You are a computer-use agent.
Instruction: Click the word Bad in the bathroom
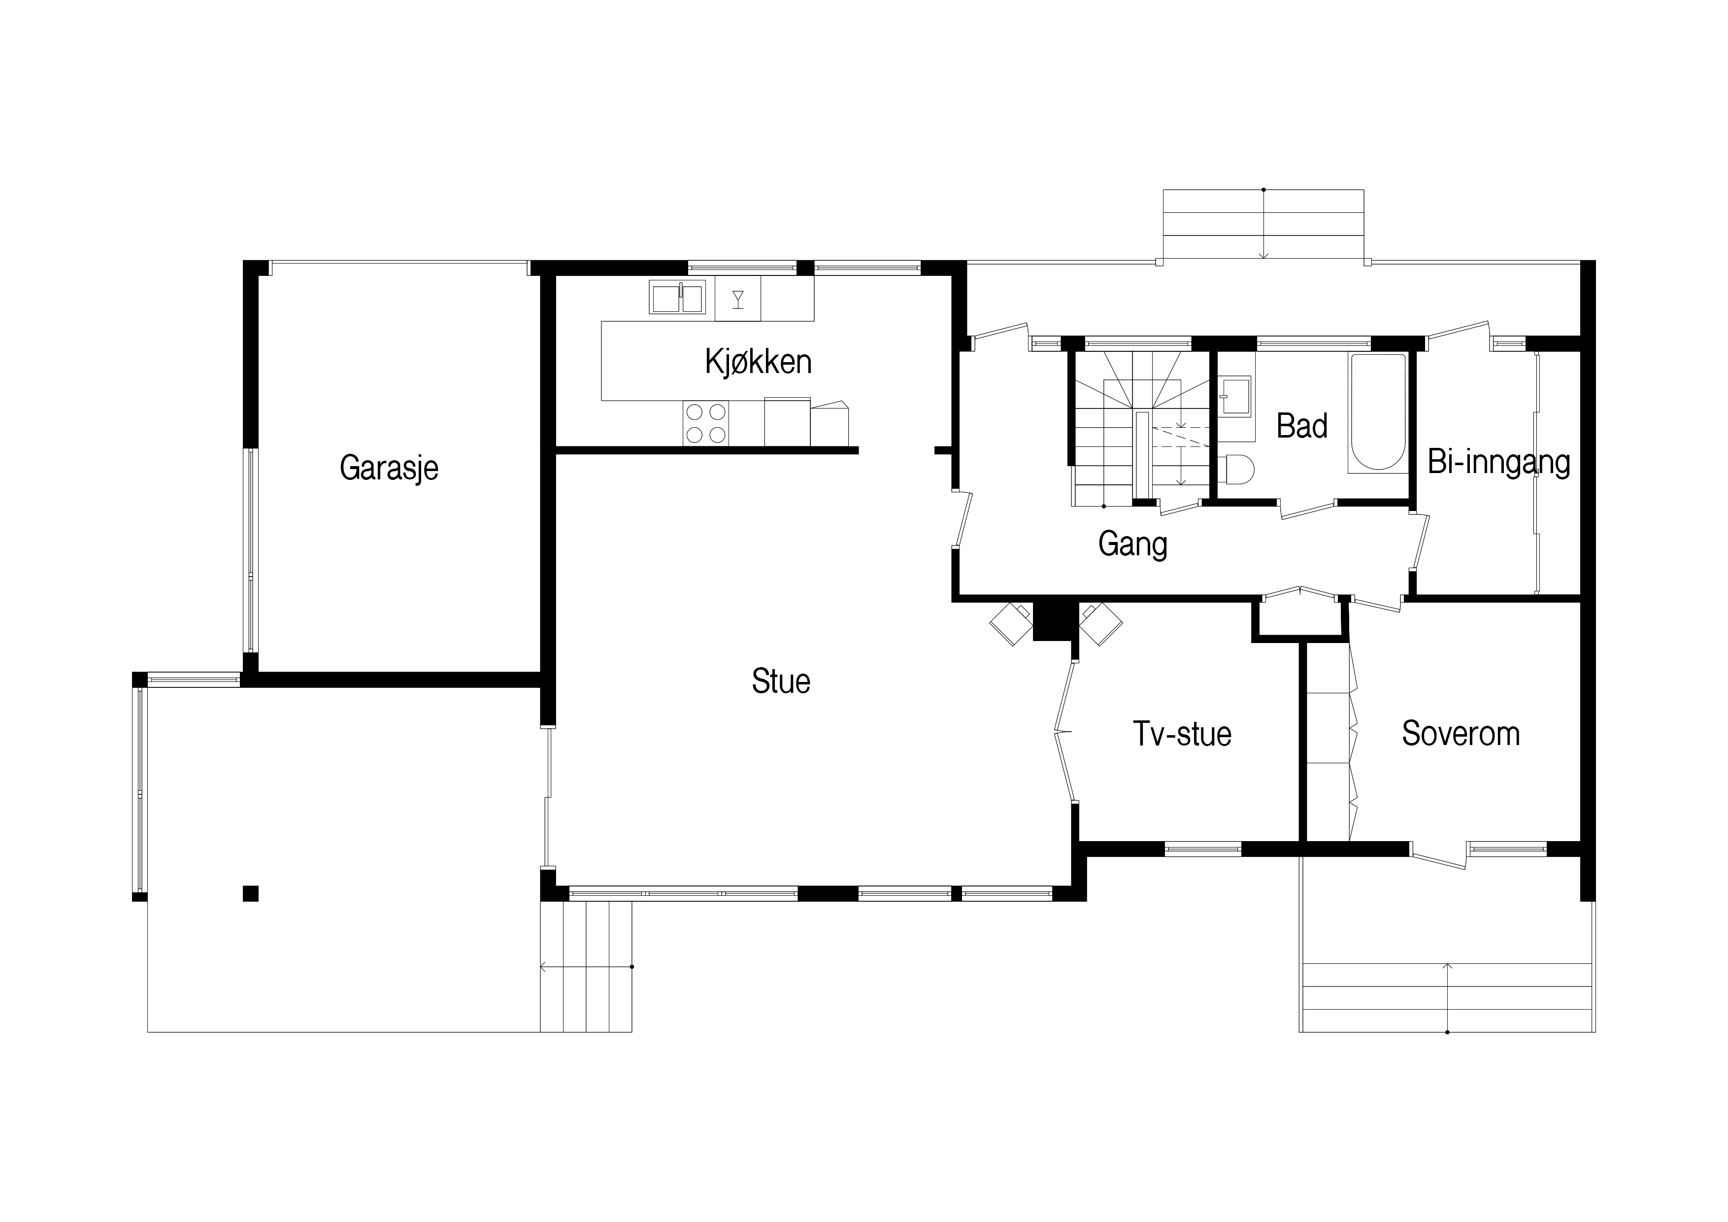pos(1302,426)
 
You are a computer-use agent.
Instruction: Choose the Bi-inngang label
pos(1498,462)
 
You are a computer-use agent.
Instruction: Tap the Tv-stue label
pos(1182,734)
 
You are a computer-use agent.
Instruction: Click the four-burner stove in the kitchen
pos(706,423)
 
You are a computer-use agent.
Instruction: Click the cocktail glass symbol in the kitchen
pos(737,299)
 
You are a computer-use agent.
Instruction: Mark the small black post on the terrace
pos(251,894)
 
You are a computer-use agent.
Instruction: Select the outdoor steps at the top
pos(1263,224)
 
